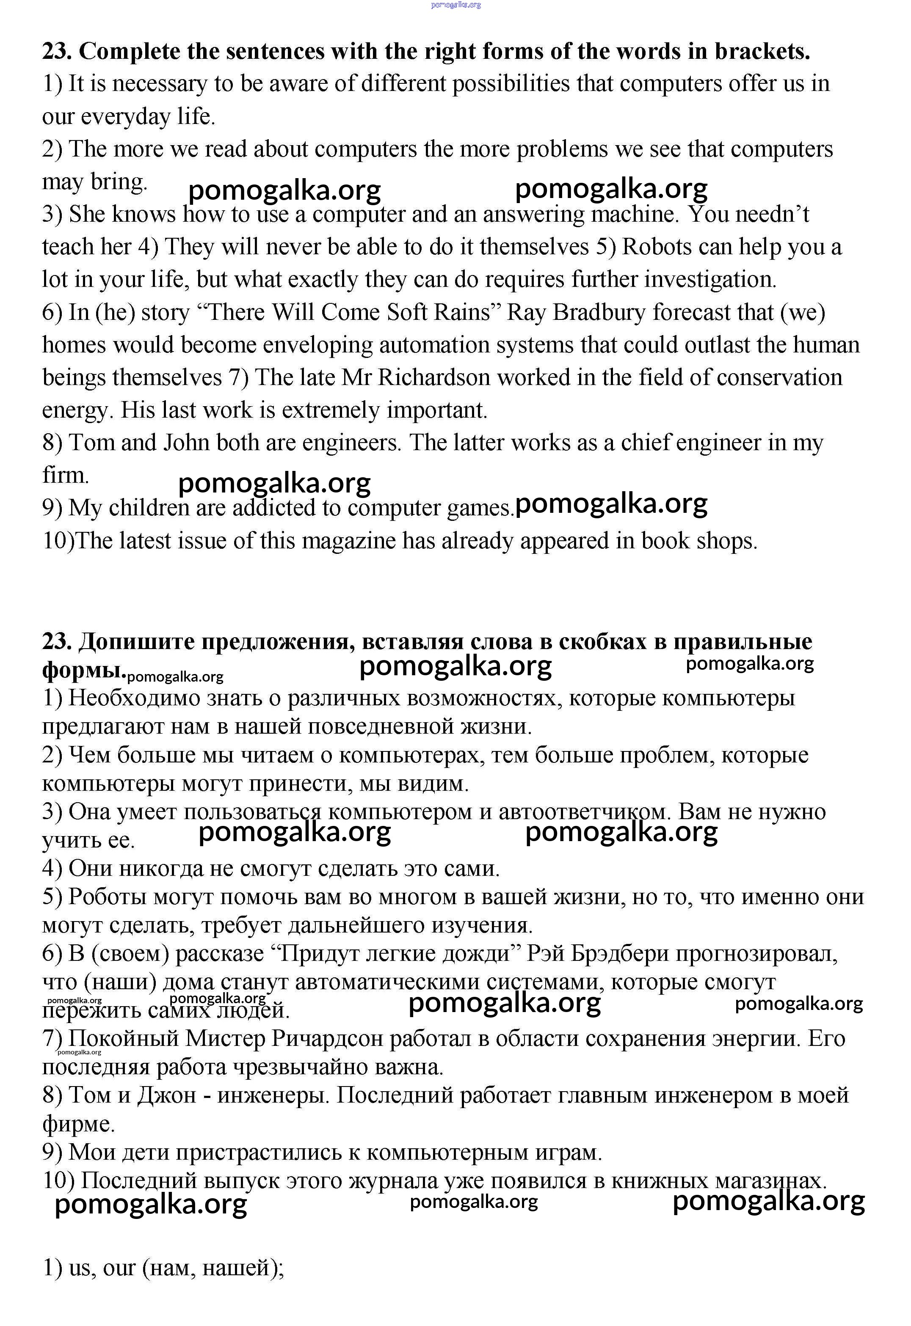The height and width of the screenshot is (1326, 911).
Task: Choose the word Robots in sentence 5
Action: (657, 247)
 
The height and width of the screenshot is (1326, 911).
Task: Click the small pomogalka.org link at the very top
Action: (455, 5)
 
